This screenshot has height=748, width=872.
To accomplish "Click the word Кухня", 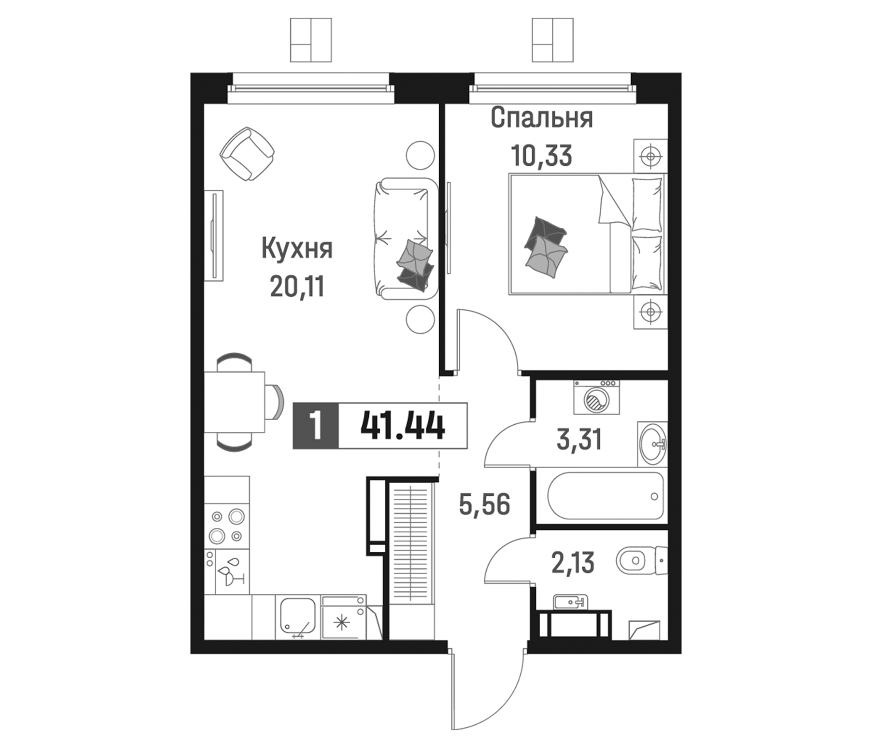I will [x=297, y=249].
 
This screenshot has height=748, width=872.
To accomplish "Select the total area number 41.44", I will [x=402, y=426].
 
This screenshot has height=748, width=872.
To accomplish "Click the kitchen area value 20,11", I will [x=297, y=288].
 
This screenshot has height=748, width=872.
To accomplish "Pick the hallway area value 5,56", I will [x=485, y=505].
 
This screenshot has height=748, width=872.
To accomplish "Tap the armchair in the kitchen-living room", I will [x=247, y=154].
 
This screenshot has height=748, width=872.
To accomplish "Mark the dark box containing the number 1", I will [x=316, y=426].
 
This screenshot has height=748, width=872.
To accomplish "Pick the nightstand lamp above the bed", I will [x=651, y=156].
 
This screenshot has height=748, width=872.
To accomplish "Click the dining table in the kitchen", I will [x=235, y=402].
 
